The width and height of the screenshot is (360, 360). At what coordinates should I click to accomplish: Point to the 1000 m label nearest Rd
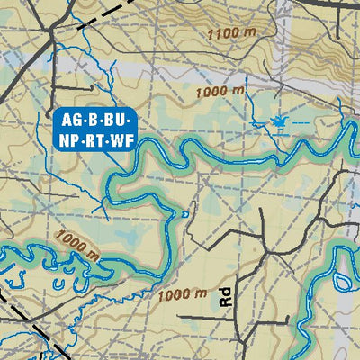click(x=181, y=293)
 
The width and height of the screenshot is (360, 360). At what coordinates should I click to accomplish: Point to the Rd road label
click(x=225, y=299)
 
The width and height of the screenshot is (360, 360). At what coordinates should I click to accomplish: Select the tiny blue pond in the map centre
click(x=184, y=214)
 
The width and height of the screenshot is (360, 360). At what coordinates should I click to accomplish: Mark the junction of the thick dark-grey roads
click(x=55, y=40)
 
